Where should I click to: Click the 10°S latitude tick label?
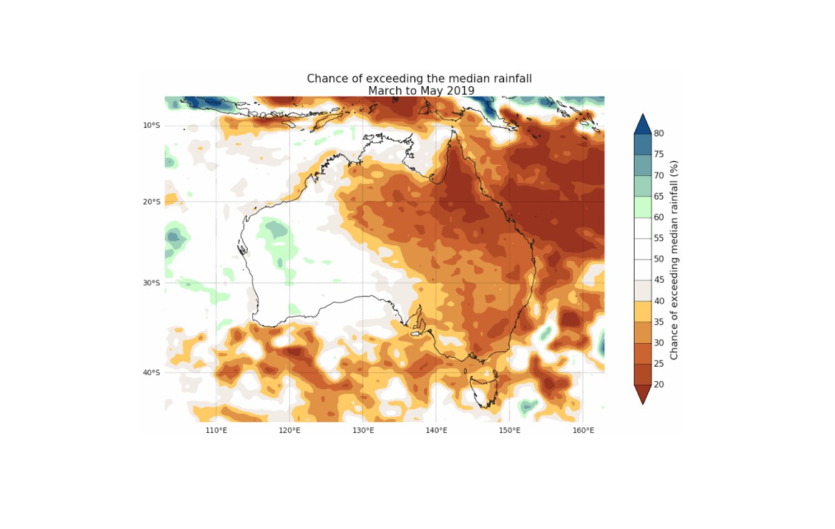[152, 125]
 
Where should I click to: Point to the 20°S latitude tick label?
[152, 201]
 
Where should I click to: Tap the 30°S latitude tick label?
[152, 283]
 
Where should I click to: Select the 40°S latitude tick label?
[152, 372]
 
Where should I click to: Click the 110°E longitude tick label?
[217, 430]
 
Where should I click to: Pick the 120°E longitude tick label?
[290, 430]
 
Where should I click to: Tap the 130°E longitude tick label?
[363, 430]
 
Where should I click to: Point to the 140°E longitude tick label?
[436, 430]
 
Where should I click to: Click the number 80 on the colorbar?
[658, 133]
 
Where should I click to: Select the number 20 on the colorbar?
[658, 384]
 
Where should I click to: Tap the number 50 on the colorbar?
[658, 259]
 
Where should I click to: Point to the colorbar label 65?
[658, 197]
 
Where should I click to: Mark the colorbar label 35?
[658, 322]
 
